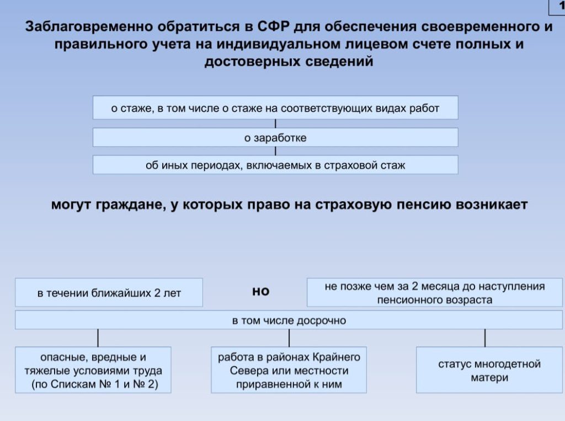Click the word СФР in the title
point(273,28)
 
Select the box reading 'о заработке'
point(275,138)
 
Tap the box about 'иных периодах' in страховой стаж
point(275,165)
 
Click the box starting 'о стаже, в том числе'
point(275,108)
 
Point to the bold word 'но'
point(260,291)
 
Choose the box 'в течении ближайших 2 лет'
point(109,293)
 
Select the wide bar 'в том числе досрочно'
point(289,320)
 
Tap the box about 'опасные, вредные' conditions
point(93,370)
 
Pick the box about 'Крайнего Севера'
point(289,370)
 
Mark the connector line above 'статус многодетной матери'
point(485,338)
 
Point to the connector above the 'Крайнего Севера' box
point(289,338)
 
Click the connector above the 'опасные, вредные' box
point(98,338)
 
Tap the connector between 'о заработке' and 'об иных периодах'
point(275,151)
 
